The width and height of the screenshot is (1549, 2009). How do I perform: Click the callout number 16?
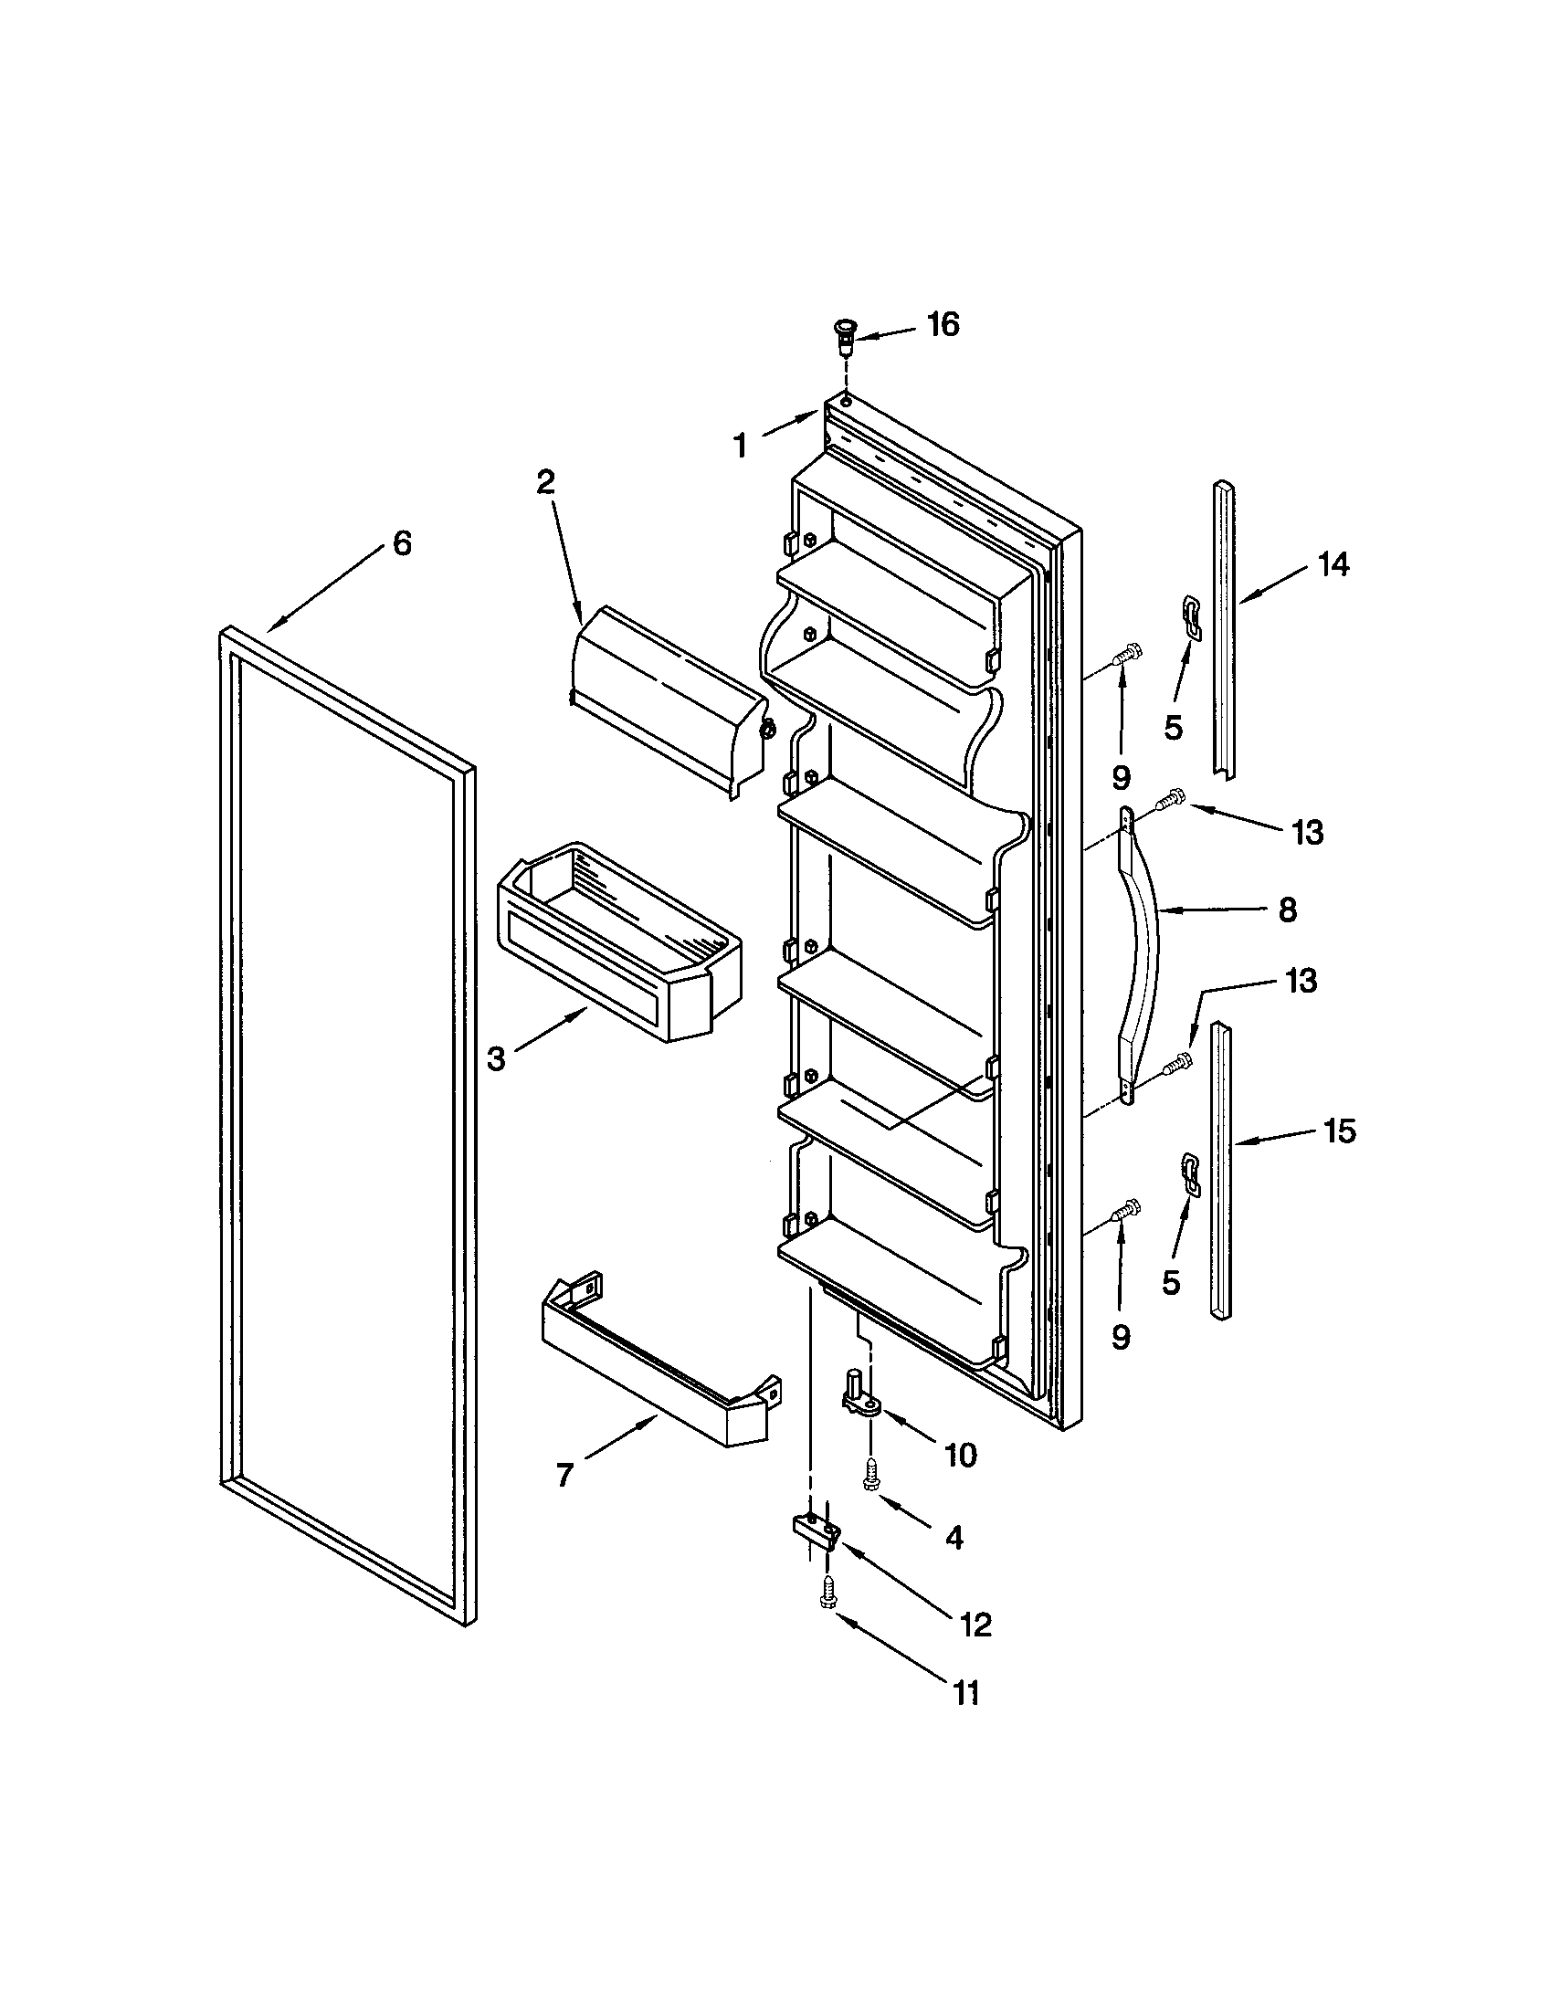coord(943,324)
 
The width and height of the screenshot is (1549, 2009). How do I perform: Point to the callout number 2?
coord(546,482)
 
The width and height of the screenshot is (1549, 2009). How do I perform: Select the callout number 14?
coord(1333,563)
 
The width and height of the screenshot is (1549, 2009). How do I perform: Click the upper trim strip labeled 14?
coord(1224,630)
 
